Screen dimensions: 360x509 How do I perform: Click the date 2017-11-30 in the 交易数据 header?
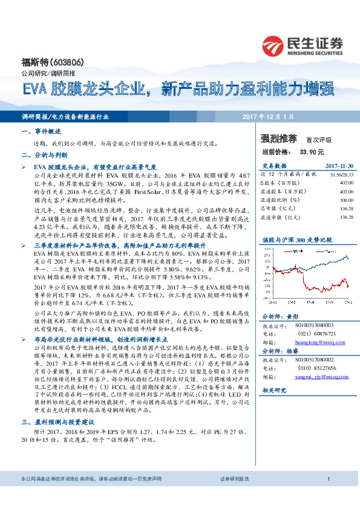pos(339,166)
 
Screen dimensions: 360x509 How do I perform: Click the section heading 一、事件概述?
pos(38,130)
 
